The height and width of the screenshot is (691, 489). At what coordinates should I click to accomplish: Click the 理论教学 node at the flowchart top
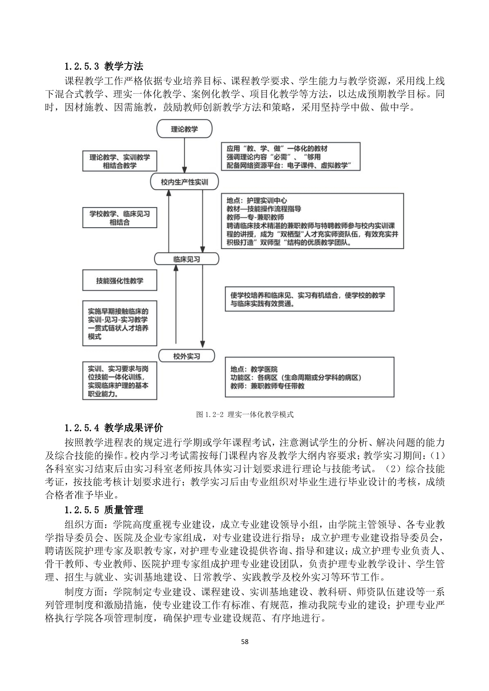point(184,129)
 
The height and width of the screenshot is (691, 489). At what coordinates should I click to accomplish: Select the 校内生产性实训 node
point(184,182)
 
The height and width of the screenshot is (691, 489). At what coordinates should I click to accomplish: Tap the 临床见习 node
point(186,259)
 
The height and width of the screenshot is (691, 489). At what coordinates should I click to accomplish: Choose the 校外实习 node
point(187,356)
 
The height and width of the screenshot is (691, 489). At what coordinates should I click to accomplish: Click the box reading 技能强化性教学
point(119,281)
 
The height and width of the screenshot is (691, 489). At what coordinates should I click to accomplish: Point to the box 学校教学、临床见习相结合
point(119,218)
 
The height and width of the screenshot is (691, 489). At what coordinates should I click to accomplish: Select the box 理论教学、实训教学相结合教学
point(119,161)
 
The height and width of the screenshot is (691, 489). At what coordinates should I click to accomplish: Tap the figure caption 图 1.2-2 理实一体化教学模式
point(244,414)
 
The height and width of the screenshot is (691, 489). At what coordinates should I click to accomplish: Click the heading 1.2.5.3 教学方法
point(104,66)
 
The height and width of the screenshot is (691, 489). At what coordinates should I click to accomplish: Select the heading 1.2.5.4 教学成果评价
point(114,427)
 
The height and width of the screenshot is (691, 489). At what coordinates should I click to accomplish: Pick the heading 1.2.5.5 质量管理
point(104,510)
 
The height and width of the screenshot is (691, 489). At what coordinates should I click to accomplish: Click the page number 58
point(244,641)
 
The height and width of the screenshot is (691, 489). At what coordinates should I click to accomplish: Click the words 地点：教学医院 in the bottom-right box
point(254,369)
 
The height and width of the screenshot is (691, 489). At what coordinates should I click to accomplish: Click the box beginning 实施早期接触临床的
point(119,324)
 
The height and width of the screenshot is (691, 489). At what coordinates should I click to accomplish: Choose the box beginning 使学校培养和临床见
point(310,299)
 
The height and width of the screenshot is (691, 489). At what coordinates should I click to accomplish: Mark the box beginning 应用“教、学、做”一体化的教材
point(291,157)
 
